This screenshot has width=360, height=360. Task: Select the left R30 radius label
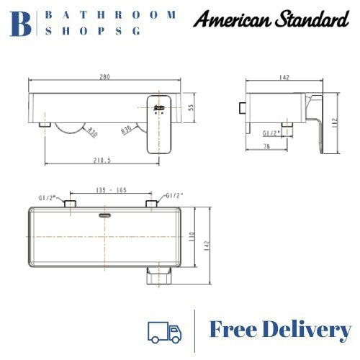pyautogui.click(x=92, y=132)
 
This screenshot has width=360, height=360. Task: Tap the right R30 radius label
pyautogui.click(x=127, y=131)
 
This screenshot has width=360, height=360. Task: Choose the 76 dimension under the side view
pyautogui.click(x=267, y=148)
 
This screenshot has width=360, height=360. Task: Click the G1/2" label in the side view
pyautogui.click(x=271, y=132)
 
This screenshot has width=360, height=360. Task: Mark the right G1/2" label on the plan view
pyautogui.click(x=174, y=195)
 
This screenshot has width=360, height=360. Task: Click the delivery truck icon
pyautogui.click(x=165, y=332)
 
